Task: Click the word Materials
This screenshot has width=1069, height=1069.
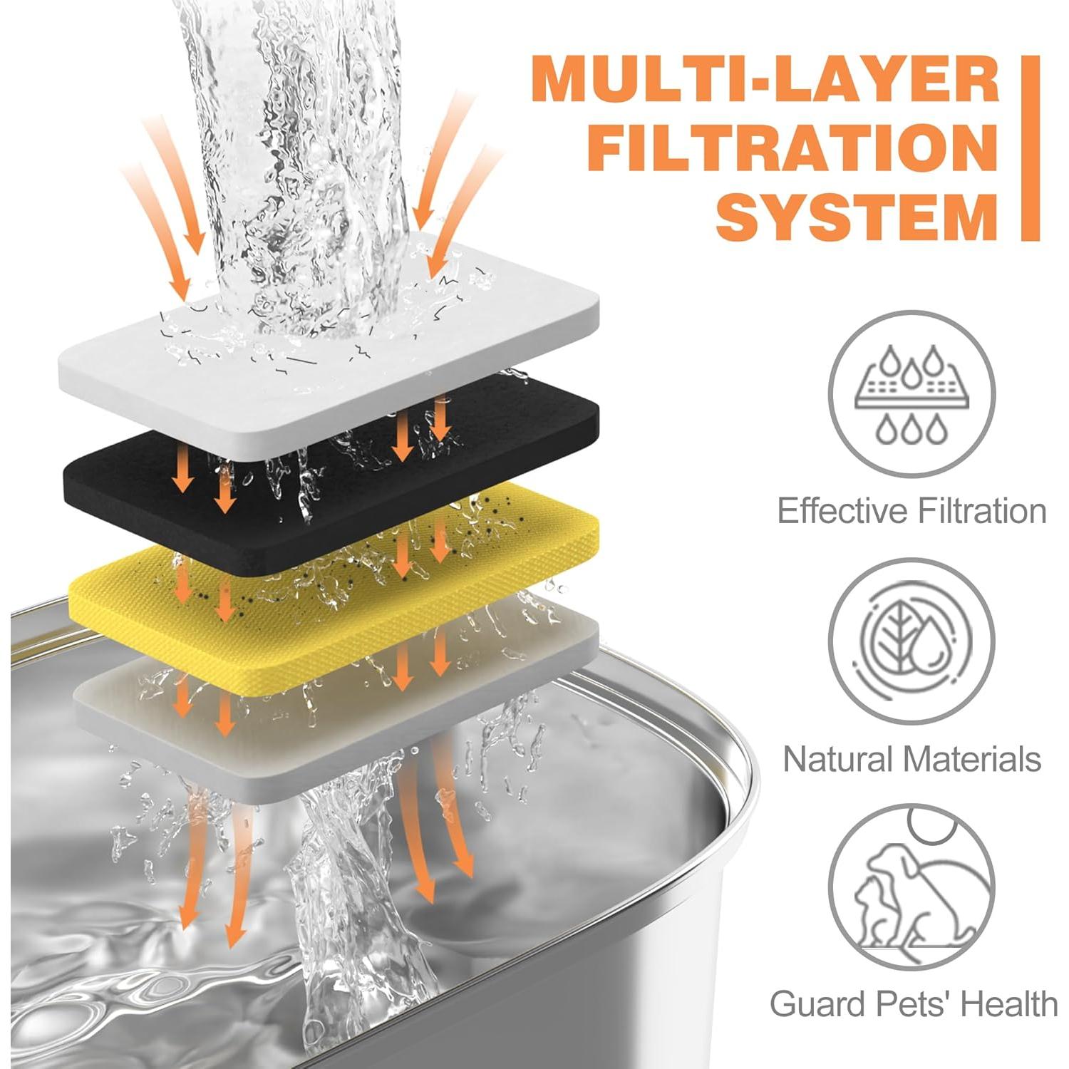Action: (976, 759)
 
